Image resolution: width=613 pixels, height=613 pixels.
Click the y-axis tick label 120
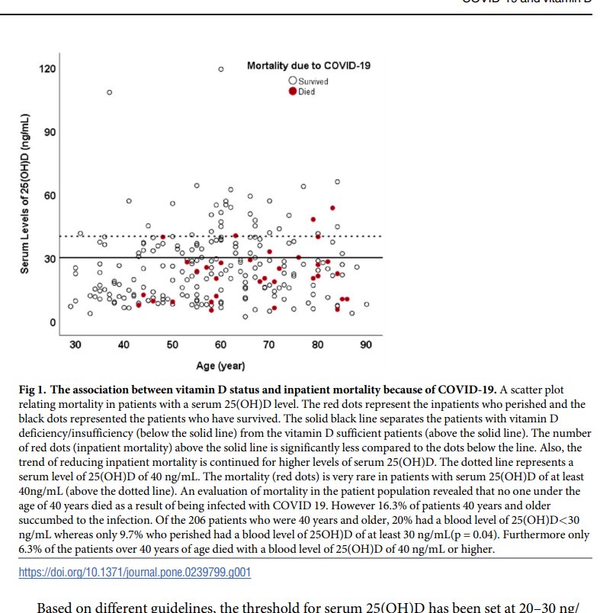(x=47, y=69)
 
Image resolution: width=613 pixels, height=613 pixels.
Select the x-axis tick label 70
(x=269, y=345)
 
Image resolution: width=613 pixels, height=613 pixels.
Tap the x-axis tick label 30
(x=75, y=345)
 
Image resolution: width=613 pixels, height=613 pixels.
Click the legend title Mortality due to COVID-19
(x=309, y=66)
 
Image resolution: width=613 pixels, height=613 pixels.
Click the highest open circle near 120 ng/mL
(x=221, y=69)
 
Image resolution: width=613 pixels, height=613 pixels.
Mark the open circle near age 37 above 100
(x=109, y=92)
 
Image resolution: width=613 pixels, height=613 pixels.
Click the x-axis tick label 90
(x=366, y=345)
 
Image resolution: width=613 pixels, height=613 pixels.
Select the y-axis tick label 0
(x=53, y=323)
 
